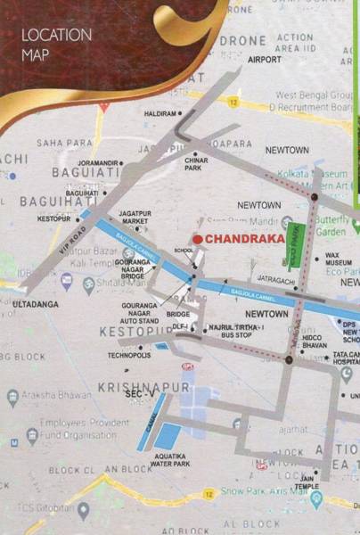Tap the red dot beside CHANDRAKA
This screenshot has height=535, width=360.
[197, 239]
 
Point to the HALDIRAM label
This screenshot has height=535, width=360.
[160, 114]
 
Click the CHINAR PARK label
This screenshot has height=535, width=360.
[194, 163]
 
